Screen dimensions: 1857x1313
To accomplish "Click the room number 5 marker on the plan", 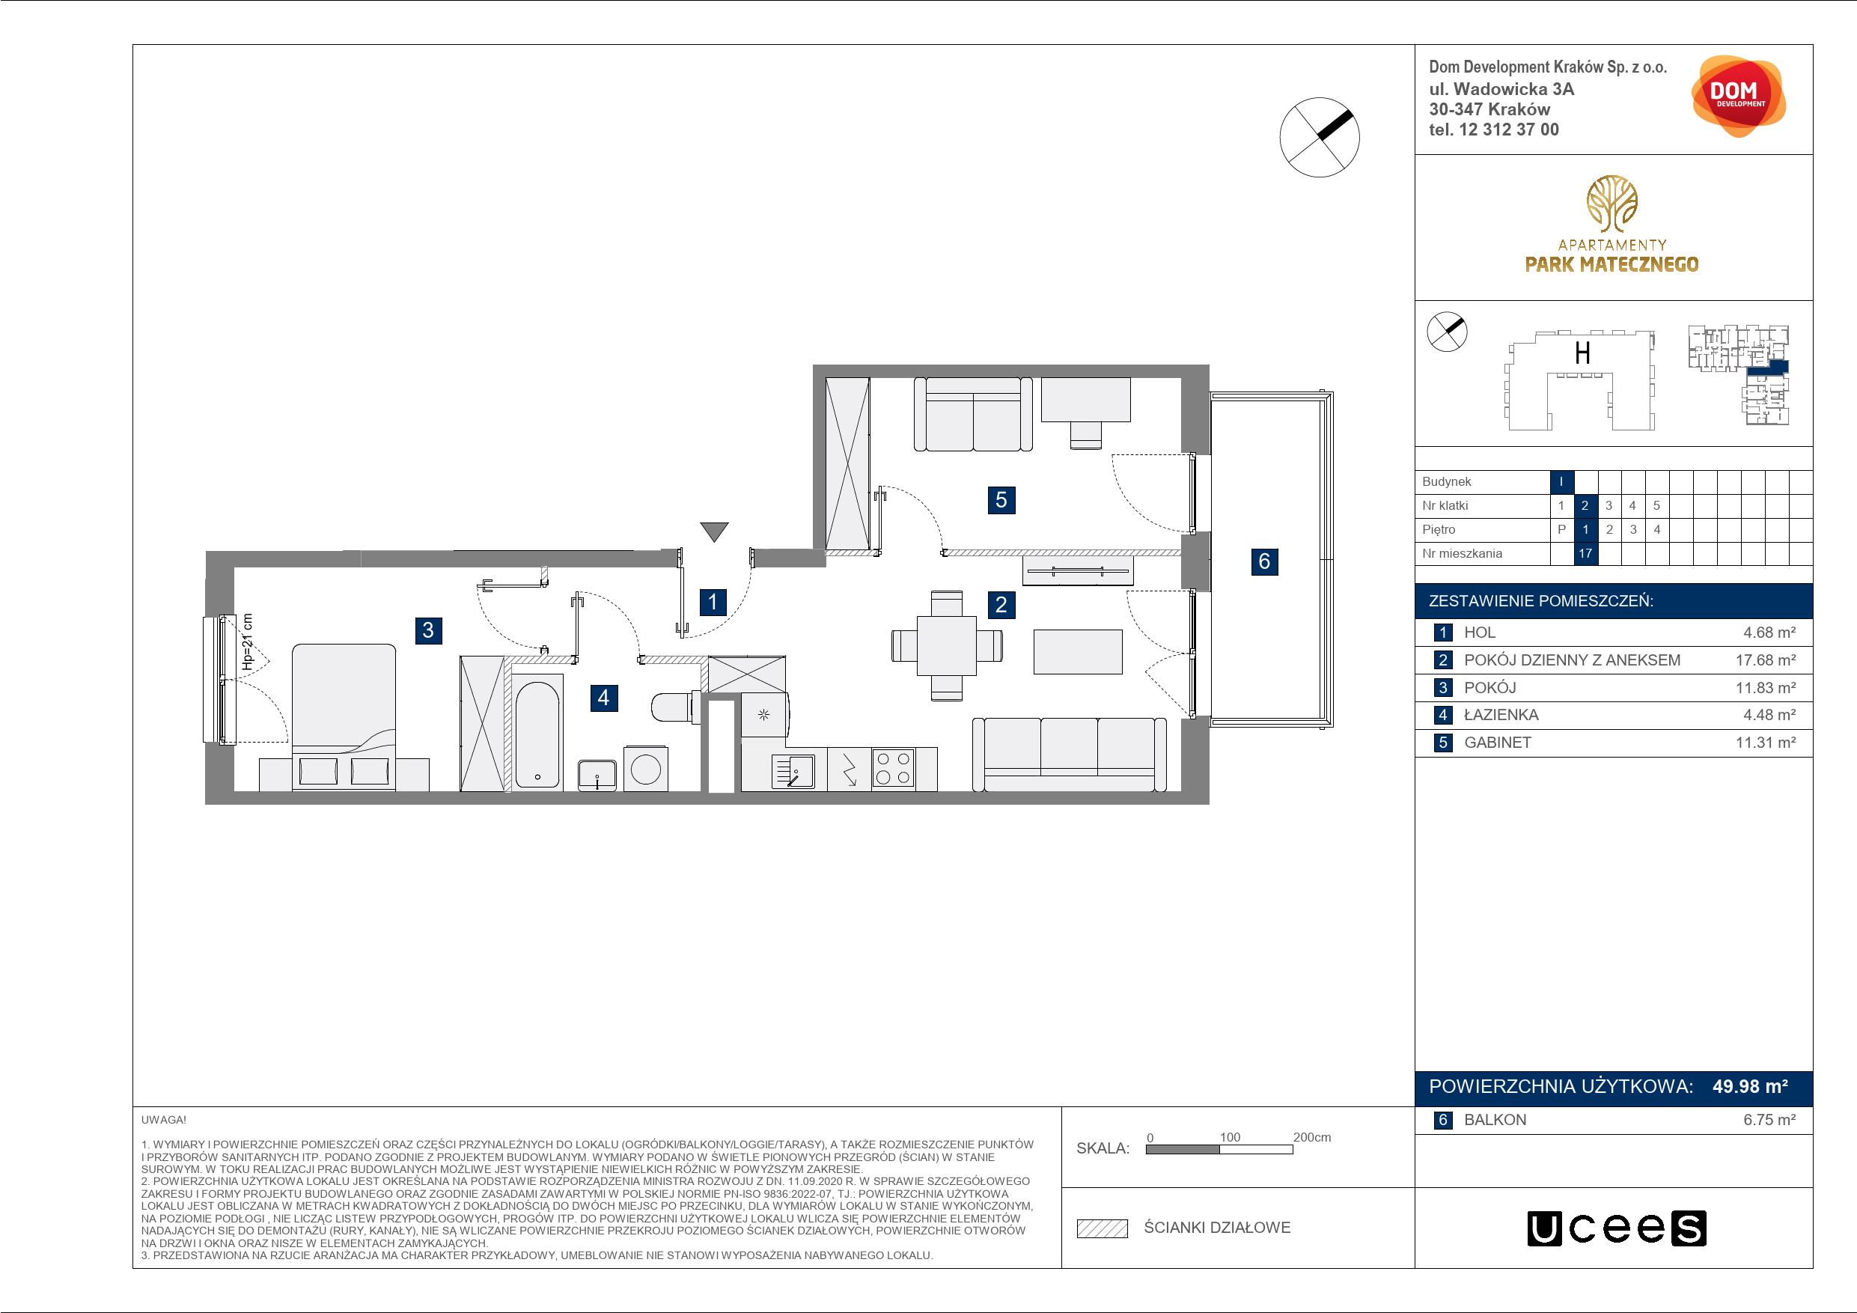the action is pos(1001,500).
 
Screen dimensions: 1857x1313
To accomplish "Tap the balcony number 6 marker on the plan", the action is pos(1264,561).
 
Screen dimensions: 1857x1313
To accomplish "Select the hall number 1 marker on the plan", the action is pos(713,602).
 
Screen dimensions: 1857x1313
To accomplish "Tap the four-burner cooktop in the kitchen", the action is pos(893,769).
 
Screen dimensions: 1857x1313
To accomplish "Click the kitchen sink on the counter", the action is pos(793,770).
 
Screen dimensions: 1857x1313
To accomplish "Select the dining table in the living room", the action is pos(946,645).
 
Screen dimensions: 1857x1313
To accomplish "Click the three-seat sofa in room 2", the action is pos(1070,754).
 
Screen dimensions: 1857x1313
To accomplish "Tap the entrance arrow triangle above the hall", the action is pos(714,531).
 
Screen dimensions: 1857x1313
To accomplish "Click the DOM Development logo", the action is pos(1738,97).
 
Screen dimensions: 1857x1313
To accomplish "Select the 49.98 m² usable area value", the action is pos(1749,1086).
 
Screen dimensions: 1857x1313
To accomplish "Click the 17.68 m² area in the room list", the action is pos(1766,660).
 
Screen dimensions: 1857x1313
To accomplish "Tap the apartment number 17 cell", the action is pos(1585,553).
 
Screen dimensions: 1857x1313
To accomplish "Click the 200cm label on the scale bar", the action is pos(1312,1136).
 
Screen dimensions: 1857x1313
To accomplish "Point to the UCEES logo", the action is pos(1617,1227).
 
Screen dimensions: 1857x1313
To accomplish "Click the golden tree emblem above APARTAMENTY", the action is pos(1611,203).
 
